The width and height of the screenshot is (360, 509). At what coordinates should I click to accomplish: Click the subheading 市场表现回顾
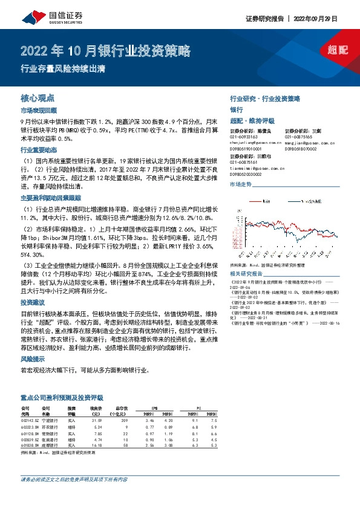(38, 111)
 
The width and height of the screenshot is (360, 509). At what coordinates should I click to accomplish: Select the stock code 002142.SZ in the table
(30, 419)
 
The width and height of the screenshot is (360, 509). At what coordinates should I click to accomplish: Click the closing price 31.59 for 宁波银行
(96, 419)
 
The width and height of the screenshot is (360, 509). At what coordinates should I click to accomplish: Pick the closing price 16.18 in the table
(96, 446)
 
